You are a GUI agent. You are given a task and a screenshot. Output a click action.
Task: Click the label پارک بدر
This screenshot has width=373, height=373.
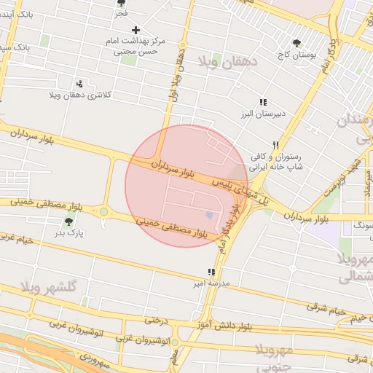pyautogui.click(x=71, y=234)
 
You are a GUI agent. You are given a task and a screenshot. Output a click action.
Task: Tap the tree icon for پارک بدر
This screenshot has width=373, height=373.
pyautogui.click(x=69, y=221)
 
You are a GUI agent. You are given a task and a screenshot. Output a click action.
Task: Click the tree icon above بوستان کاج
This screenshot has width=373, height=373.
pyautogui.click(x=297, y=44)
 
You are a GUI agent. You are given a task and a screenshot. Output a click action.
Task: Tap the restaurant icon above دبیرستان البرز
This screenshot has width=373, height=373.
pyautogui.click(x=263, y=103)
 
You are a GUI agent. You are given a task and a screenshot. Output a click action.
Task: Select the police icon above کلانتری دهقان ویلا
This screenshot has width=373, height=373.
pyautogui.click(x=79, y=83)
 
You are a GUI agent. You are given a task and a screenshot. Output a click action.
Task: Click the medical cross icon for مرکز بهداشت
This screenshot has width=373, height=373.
pyautogui.click(x=136, y=30)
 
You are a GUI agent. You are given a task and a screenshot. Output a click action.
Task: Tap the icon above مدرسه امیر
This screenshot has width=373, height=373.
pyautogui.click(x=212, y=271)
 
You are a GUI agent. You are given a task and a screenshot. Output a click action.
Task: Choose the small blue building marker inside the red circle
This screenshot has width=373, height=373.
pyautogui.click(x=211, y=215)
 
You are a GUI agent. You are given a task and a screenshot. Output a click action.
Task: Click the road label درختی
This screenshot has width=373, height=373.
pyautogui.click(x=156, y=319)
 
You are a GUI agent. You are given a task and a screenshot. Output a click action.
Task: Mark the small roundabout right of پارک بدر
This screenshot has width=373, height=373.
pyautogui.click(x=104, y=212)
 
